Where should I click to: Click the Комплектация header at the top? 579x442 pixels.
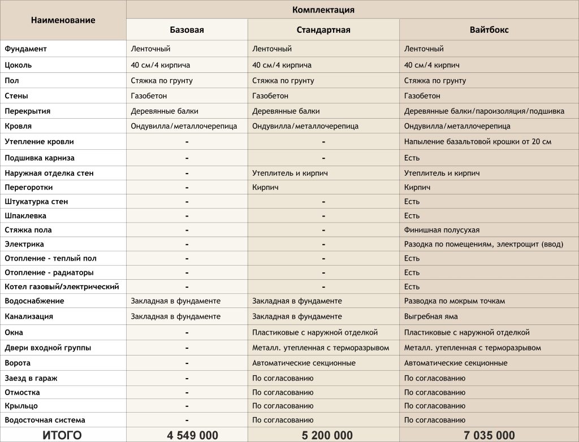coord(323,10)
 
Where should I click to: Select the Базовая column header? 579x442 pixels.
coord(187,30)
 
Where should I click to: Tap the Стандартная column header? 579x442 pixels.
coord(323,30)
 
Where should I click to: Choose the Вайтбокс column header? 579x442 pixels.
coord(489,30)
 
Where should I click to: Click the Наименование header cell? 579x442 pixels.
coord(63,20)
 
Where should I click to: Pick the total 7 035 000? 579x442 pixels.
coord(489,435)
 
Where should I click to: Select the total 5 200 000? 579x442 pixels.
coord(323,435)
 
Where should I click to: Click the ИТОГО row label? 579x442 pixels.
coord(62,435)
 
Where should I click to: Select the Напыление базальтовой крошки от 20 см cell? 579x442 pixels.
coord(477,141)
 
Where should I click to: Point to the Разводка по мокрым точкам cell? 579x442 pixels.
coord(454,301)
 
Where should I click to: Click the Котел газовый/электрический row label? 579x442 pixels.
coord(62,287)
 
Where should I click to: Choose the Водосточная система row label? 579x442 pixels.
coord(45,420)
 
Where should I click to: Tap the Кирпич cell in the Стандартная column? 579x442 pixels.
coord(265,187)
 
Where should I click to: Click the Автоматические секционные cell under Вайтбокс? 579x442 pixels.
coord(456,363)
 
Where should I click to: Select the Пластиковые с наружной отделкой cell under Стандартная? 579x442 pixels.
coord(315,332)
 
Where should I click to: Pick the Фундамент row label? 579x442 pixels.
coord(26,49)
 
